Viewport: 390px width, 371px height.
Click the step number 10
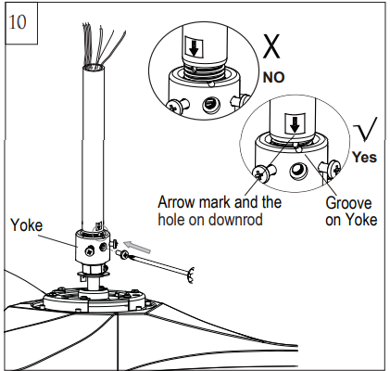point(17,21)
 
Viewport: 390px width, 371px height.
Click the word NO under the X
point(273,77)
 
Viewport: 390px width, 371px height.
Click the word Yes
point(365,158)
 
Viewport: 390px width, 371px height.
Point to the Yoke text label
point(28,224)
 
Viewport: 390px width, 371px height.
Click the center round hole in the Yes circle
point(297,173)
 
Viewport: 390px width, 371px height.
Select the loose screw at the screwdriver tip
point(120,255)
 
